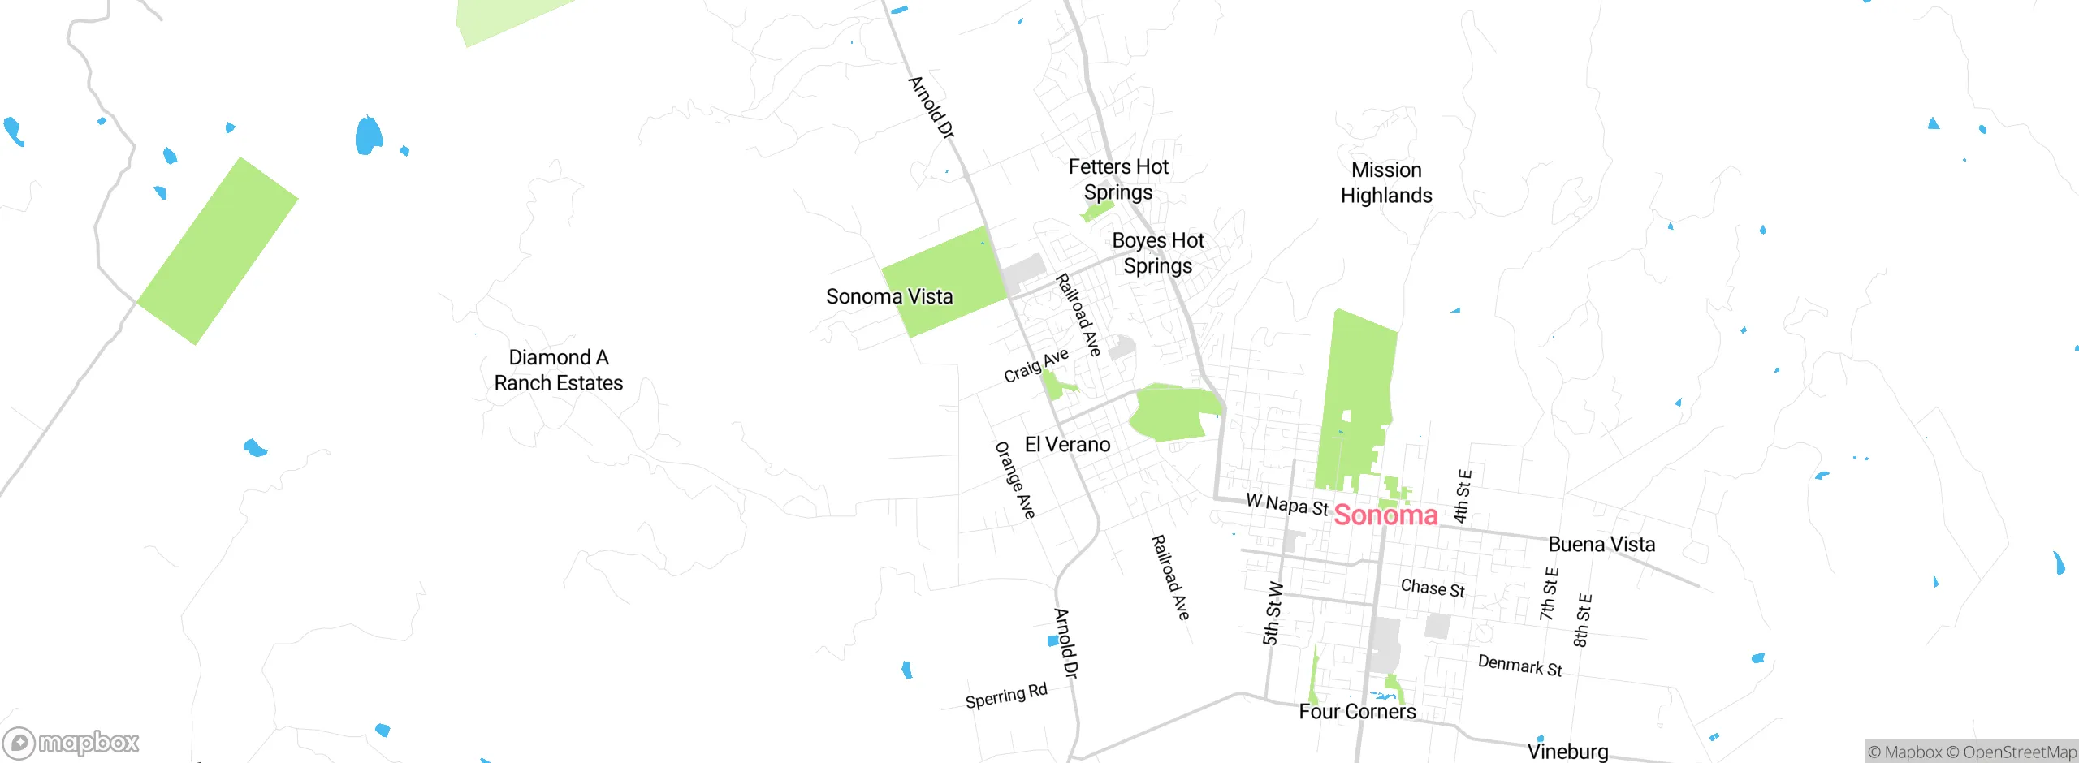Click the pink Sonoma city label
pyautogui.click(x=1385, y=515)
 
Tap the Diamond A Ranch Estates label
pyautogui.click(x=559, y=370)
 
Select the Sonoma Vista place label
pyautogui.click(x=889, y=296)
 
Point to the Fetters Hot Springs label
pyautogui.click(x=1118, y=179)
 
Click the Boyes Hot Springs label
pyautogui.click(x=1158, y=253)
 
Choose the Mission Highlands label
pyautogui.click(x=1386, y=183)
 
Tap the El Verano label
pyautogui.click(x=1067, y=444)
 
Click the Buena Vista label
pyautogui.click(x=1601, y=544)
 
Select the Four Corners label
pyautogui.click(x=1357, y=711)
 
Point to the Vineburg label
pyautogui.click(x=1567, y=751)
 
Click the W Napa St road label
pyautogui.click(x=1287, y=504)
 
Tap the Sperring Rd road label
pyautogui.click(x=1006, y=696)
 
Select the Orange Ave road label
pyautogui.click(x=1015, y=480)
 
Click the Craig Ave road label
pyautogui.click(x=1036, y=366)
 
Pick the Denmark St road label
pyautogui.click(x=1519, y=666)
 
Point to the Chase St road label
pyautogui.click(x=1433, y=588)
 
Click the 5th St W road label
pyautogui.click(x=1273, y=614)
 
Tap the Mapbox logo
pyautogui.click(x=71, y=742)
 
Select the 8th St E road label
pyautogui.click(x=1583, y=620)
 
